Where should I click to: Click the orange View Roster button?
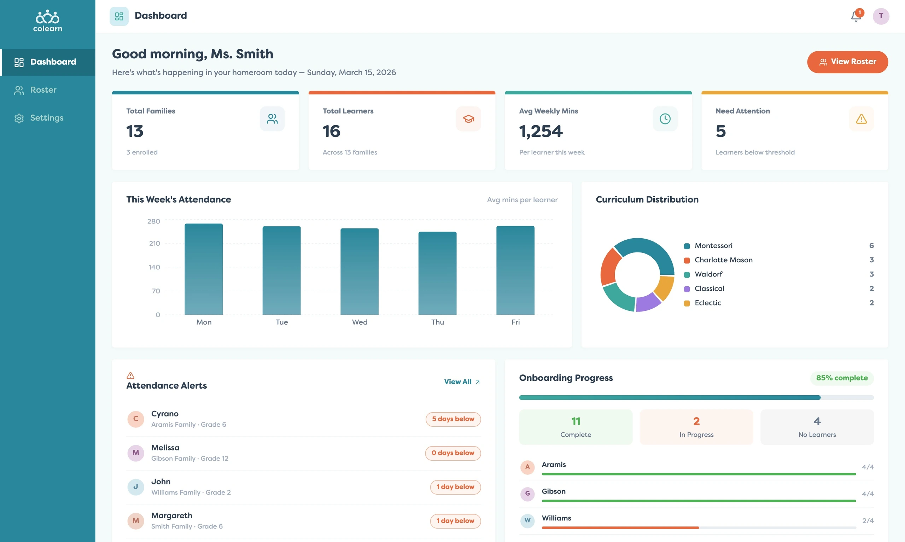coord(847,62)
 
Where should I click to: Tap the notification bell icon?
coord(856,16)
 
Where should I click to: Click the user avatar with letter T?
coord(881,16)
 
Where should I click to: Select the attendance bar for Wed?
coord(360,272)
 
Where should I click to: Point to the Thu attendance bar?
coord(437,273)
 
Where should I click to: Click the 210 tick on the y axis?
coord(154,243)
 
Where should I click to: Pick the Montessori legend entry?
coord(708,245)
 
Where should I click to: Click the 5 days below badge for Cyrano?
coord(453,419)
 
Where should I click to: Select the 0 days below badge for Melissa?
coord(453,453)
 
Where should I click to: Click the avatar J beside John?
coord(135,487)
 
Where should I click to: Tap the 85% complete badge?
coord(842,378)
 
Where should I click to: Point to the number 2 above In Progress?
coord(696,421)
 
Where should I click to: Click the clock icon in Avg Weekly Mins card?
coord(665,119)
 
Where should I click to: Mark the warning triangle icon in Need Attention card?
coord(861,119)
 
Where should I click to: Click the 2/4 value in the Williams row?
coord(868,520)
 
